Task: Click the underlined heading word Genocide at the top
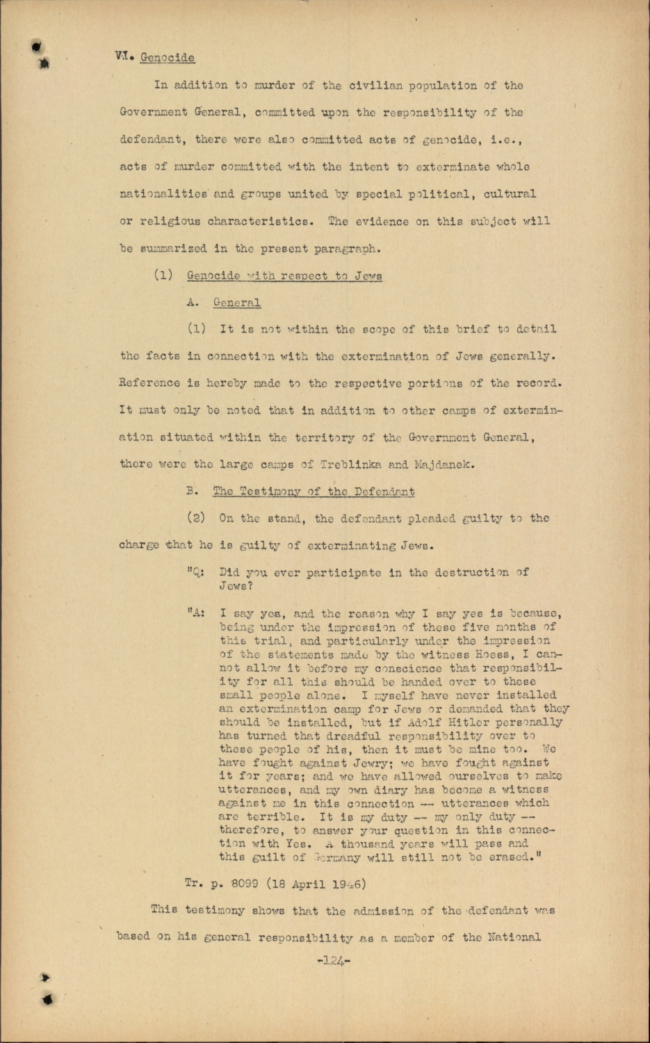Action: (167, 58)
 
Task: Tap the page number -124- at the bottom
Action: (333, 960)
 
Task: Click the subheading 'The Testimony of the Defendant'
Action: (314, 492)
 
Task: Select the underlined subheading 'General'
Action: (237, 302)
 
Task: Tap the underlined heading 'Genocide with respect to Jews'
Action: (284, 275)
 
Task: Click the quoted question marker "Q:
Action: (195, 573)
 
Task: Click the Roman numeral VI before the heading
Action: (123, 57)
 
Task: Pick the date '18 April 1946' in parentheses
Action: (328, 884)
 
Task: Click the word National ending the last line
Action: (515, 937)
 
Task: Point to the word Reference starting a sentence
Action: (149, 383)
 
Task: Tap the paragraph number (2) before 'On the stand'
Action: (196, 518)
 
